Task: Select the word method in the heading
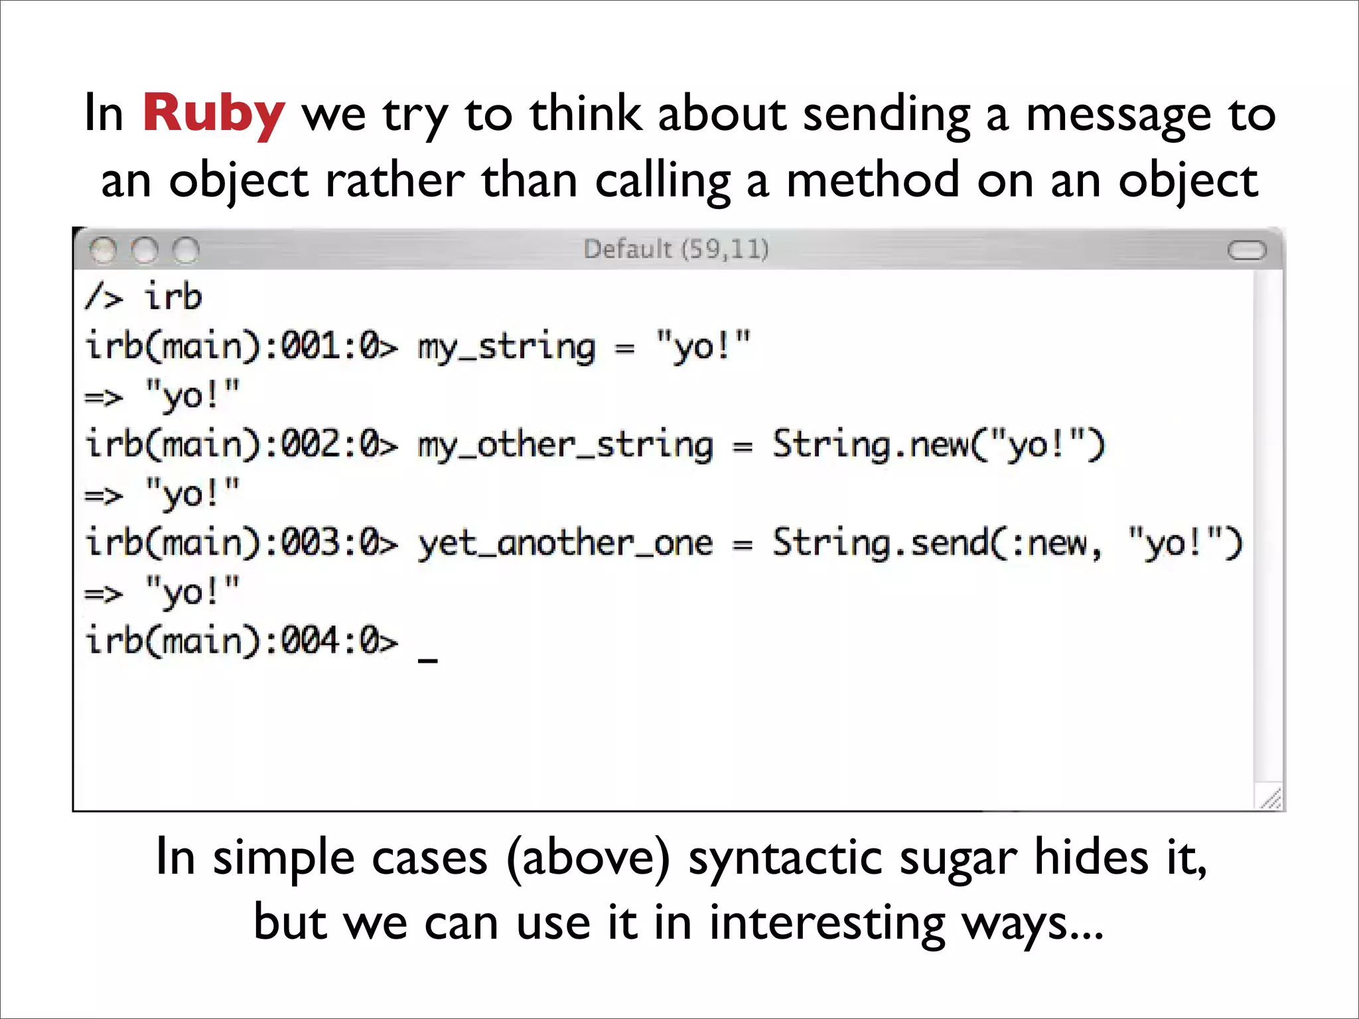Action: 873,180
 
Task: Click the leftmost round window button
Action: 103,250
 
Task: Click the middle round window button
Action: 145,250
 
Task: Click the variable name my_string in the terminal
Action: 506,348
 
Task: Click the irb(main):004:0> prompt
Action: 242,642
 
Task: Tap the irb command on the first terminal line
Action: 173,297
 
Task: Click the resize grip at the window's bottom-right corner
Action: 1270,799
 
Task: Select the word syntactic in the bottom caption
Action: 785,857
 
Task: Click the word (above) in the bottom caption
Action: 588,857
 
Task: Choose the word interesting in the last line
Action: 827,922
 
